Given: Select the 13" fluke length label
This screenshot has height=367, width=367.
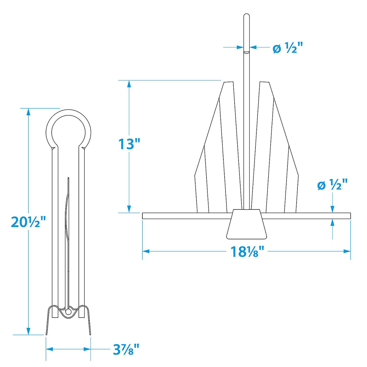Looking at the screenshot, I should [130, 144].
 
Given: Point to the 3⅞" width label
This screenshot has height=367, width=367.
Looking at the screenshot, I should [126, 350].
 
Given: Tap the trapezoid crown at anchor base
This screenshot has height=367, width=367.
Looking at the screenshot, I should [246, 224].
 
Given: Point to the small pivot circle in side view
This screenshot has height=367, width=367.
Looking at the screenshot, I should [69, 311].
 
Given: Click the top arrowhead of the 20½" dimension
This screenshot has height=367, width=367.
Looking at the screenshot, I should [28, 112].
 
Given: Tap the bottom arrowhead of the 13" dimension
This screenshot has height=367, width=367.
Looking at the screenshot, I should [129, 209].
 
